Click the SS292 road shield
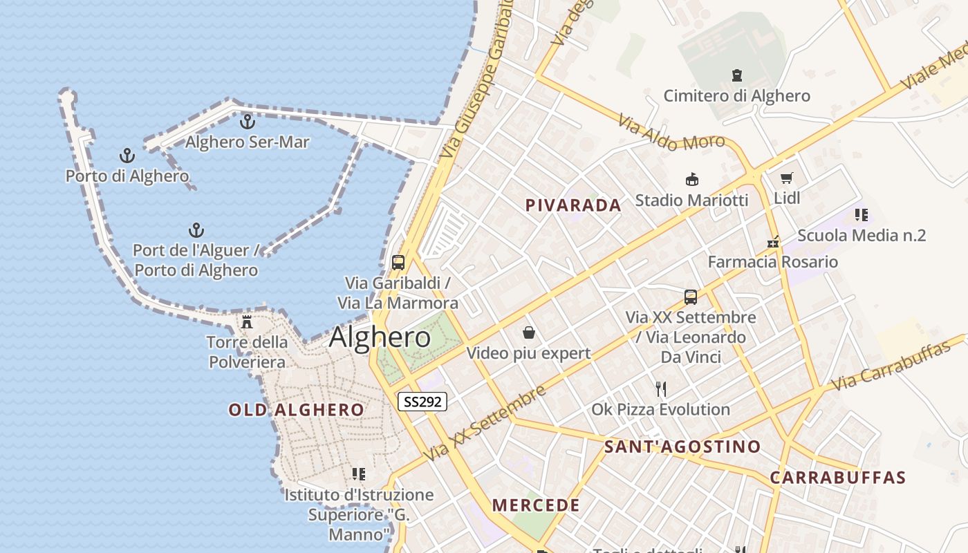click(x=422, y=402)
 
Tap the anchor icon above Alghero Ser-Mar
click(x=247, y=122)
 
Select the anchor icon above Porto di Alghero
click(x=127, y=156)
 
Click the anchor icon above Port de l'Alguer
click(x=196, y=230)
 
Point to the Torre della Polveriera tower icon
click(x=247, y=322)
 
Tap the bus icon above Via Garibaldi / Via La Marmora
click(x=398, y=263)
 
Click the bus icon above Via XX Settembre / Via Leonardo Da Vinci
click(x=690, y=297)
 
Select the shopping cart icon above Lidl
click(x=786, y=178)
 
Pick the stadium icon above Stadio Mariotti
click(x=691, y=180)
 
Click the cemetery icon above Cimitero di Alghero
click(x=736, y=75)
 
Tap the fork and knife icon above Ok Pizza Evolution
click(x=661, y=388)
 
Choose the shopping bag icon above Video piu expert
click(x=529, y=333)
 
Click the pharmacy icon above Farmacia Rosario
click(x=773, y=242)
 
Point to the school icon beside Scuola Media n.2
click(x=861, y=215)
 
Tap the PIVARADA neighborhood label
click(x=573, y=205)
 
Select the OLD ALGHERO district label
click(x=297, y=410)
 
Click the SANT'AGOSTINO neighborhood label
click(x=682, y=447)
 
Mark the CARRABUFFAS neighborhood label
click(x=838, y=478)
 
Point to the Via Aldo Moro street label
click(x=671, y=133)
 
